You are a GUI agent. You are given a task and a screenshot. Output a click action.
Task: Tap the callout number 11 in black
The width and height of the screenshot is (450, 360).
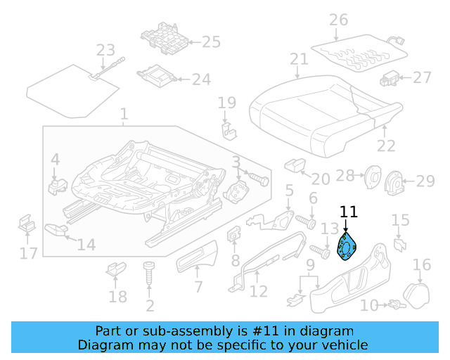pyautogui.click(x=349, y=211)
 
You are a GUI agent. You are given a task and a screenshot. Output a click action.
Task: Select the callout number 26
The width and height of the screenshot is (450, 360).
pyautogui.click(x=339, y=20)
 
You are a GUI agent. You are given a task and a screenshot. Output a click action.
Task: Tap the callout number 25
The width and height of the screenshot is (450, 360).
pyautogui.click(x=211, y=42)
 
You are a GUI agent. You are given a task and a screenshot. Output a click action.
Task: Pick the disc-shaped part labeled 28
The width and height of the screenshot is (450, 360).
pyautogui.click(x=370, y=179)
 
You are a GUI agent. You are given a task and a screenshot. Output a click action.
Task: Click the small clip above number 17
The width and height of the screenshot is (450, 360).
pyautogui.click(x=27, y=224)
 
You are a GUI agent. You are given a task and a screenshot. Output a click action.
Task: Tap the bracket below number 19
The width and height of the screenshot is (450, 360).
pyautogui.click(x=228, y=131)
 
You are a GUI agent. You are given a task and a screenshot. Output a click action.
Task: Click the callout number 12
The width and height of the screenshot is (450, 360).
pyautogui.click(x=259, y=291)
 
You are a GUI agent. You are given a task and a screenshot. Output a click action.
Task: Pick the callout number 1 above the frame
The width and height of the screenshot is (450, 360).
pyautogui.click(x=124, y=114)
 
